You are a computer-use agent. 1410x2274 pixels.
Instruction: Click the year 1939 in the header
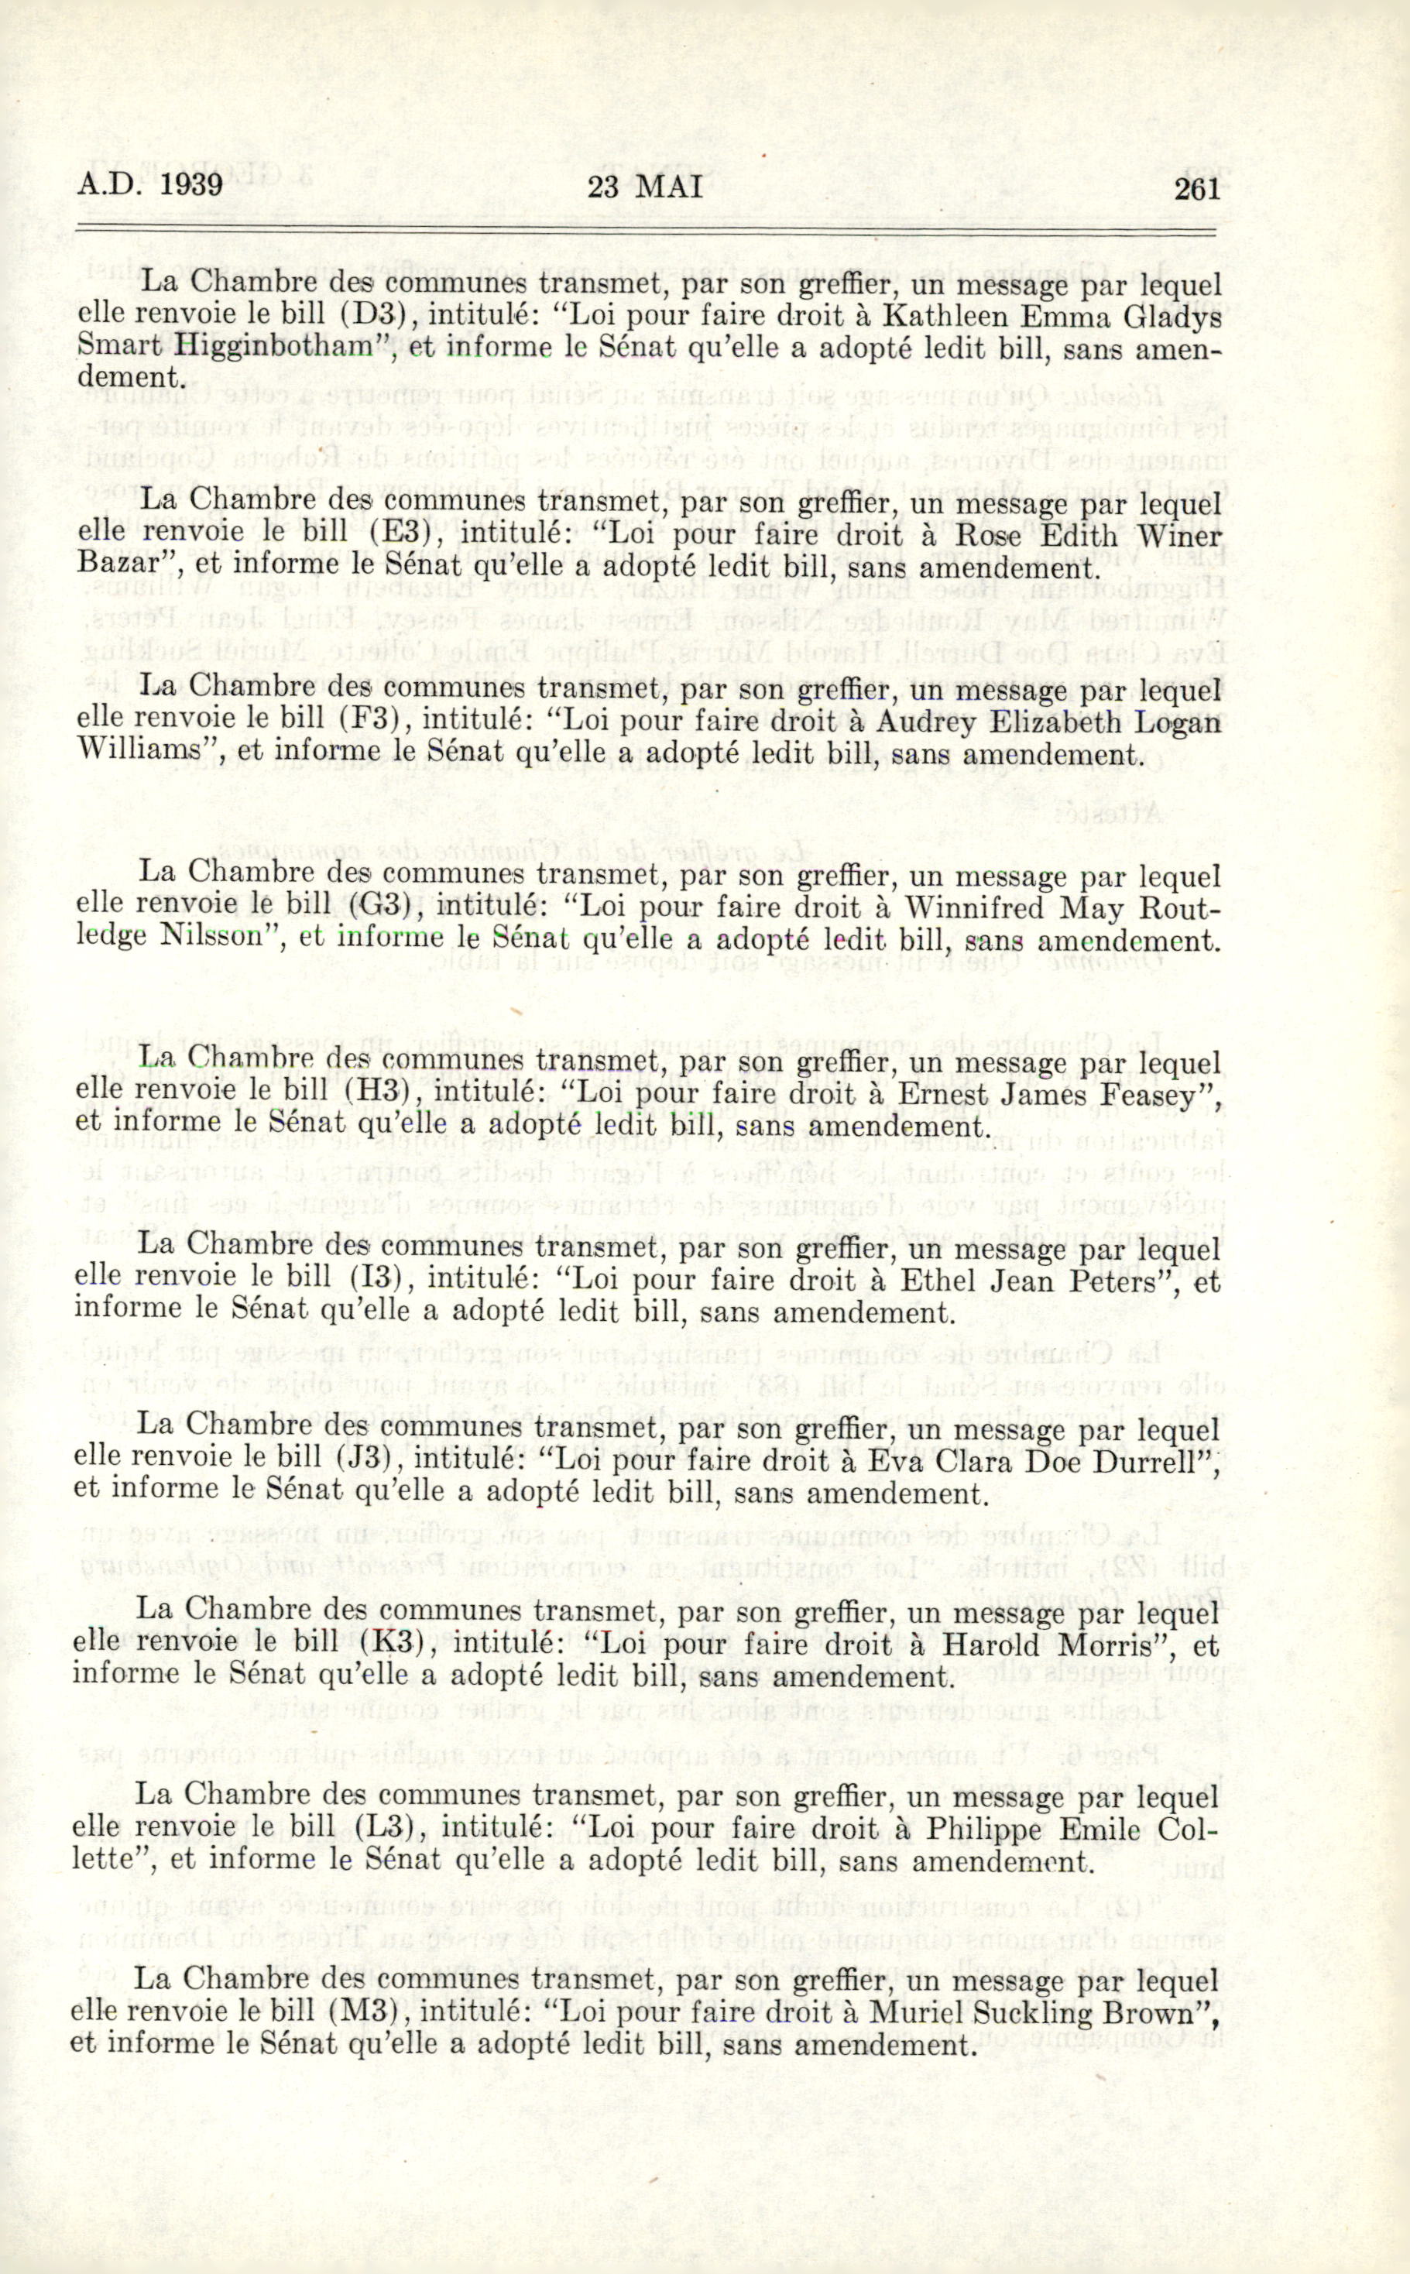coord(191,186)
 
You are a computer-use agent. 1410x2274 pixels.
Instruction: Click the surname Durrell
coord(1154,1462)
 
